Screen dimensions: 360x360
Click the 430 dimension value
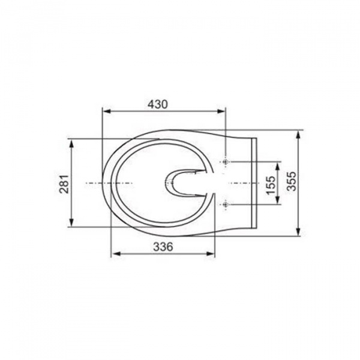158,104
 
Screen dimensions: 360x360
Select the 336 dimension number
163,247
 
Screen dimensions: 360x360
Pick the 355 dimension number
292,181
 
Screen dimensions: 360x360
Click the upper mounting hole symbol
226,162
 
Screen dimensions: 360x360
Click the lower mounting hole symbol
226,204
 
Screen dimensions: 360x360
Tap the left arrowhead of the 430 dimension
107,112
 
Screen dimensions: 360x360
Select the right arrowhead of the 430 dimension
221,112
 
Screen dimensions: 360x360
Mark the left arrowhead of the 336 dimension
116,254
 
